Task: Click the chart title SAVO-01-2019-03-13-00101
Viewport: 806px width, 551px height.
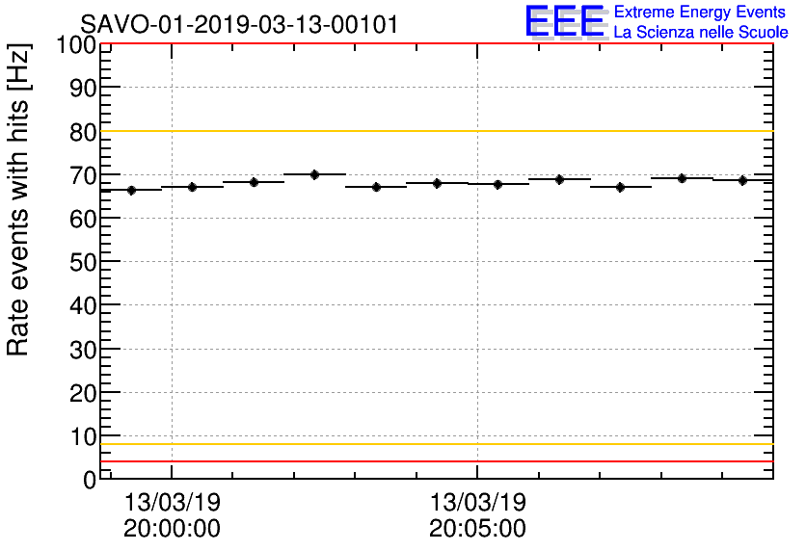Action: click(x=239, y=24)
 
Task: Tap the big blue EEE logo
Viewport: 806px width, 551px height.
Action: click(x=565, y=22)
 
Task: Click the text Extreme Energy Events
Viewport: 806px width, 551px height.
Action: click(x=700, y=13)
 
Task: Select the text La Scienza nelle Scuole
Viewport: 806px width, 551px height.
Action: click(x=700, y=33)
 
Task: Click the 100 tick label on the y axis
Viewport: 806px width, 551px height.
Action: click(x=75, y=45)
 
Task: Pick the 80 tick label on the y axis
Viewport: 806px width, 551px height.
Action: click(x=83, y=133)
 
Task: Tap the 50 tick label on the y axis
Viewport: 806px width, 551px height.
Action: click(x=83, y=263)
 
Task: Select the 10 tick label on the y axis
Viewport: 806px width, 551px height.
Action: click(x=83, y=437)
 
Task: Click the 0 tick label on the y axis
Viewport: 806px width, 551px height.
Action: click(x=90, y=480)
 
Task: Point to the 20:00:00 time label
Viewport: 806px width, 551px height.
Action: click(x=172, y=529)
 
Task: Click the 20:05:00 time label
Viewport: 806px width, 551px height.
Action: click(x=477, y=529)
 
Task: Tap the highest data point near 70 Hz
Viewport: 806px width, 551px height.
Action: click(x=314, y=174)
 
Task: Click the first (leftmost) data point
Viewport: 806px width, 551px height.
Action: click(x=131, y=190)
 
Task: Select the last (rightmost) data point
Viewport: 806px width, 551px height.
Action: click(x=742, y=180)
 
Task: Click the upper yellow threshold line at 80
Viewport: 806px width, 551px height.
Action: click(x=434, y=131)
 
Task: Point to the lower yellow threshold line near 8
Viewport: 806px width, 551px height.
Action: click(x=434, y=444)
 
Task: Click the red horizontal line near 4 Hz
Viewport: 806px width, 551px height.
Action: click(x=434, y=461)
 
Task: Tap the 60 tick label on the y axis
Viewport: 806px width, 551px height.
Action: click(x=83, y=220)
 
